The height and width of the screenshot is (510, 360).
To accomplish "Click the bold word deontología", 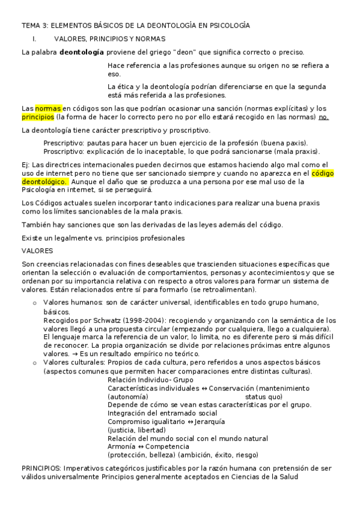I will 82,52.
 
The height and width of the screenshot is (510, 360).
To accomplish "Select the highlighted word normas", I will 48,108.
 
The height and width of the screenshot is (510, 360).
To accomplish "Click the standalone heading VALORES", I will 37,250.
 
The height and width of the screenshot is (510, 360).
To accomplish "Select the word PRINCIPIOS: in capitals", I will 41,468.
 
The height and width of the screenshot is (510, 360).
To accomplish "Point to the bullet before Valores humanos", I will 35,302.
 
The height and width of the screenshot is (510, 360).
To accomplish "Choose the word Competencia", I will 165,446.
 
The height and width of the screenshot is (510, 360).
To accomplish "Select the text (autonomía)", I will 127,397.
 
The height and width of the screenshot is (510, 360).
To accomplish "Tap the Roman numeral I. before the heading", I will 35,38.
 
